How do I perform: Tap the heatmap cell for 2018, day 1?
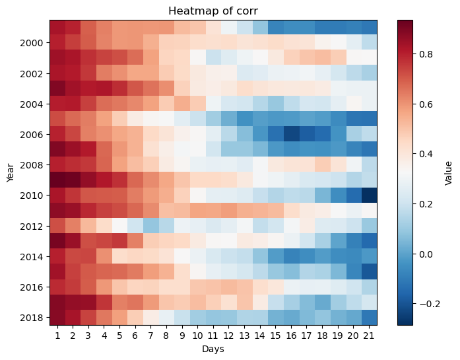point(57,318)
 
